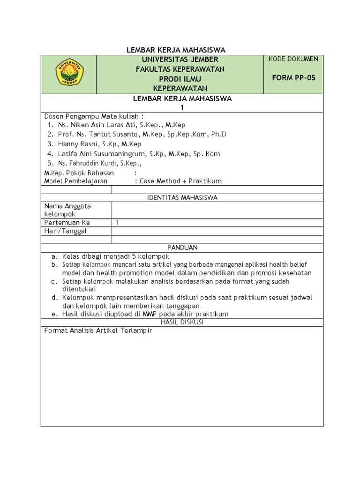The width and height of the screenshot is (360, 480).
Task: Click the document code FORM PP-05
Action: click(x=294, y=78)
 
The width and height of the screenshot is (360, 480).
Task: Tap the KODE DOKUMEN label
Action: click(x=294, y=59)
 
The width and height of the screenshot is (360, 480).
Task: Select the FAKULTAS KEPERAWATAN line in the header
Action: click(x=180, y=69)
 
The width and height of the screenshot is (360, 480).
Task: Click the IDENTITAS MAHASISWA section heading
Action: click(x=182, y=198)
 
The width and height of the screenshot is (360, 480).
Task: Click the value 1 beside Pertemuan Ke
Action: click(x=117, y=223)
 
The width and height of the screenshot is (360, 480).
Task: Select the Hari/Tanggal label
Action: click(x=65, y=231)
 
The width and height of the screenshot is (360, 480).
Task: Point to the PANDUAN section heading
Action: click(x=182, y=247)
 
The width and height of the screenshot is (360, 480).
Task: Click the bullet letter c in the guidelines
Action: click(x=54, y=282)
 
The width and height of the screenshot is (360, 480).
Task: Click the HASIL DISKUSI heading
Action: click(x=182, y=322)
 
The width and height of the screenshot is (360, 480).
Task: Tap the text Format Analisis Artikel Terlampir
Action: click(x=98, y=330)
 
